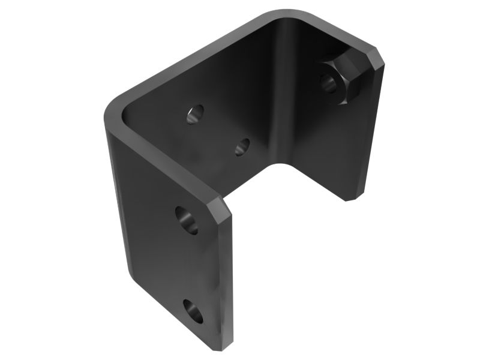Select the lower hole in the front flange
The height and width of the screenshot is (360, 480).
coord(193,311)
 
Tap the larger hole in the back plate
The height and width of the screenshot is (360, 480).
coord(195,114)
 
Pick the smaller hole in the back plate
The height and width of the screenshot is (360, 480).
coord(242,146)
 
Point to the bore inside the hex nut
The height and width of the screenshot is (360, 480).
coord(329,83)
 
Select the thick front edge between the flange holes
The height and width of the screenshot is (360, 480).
coord(227,270)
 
